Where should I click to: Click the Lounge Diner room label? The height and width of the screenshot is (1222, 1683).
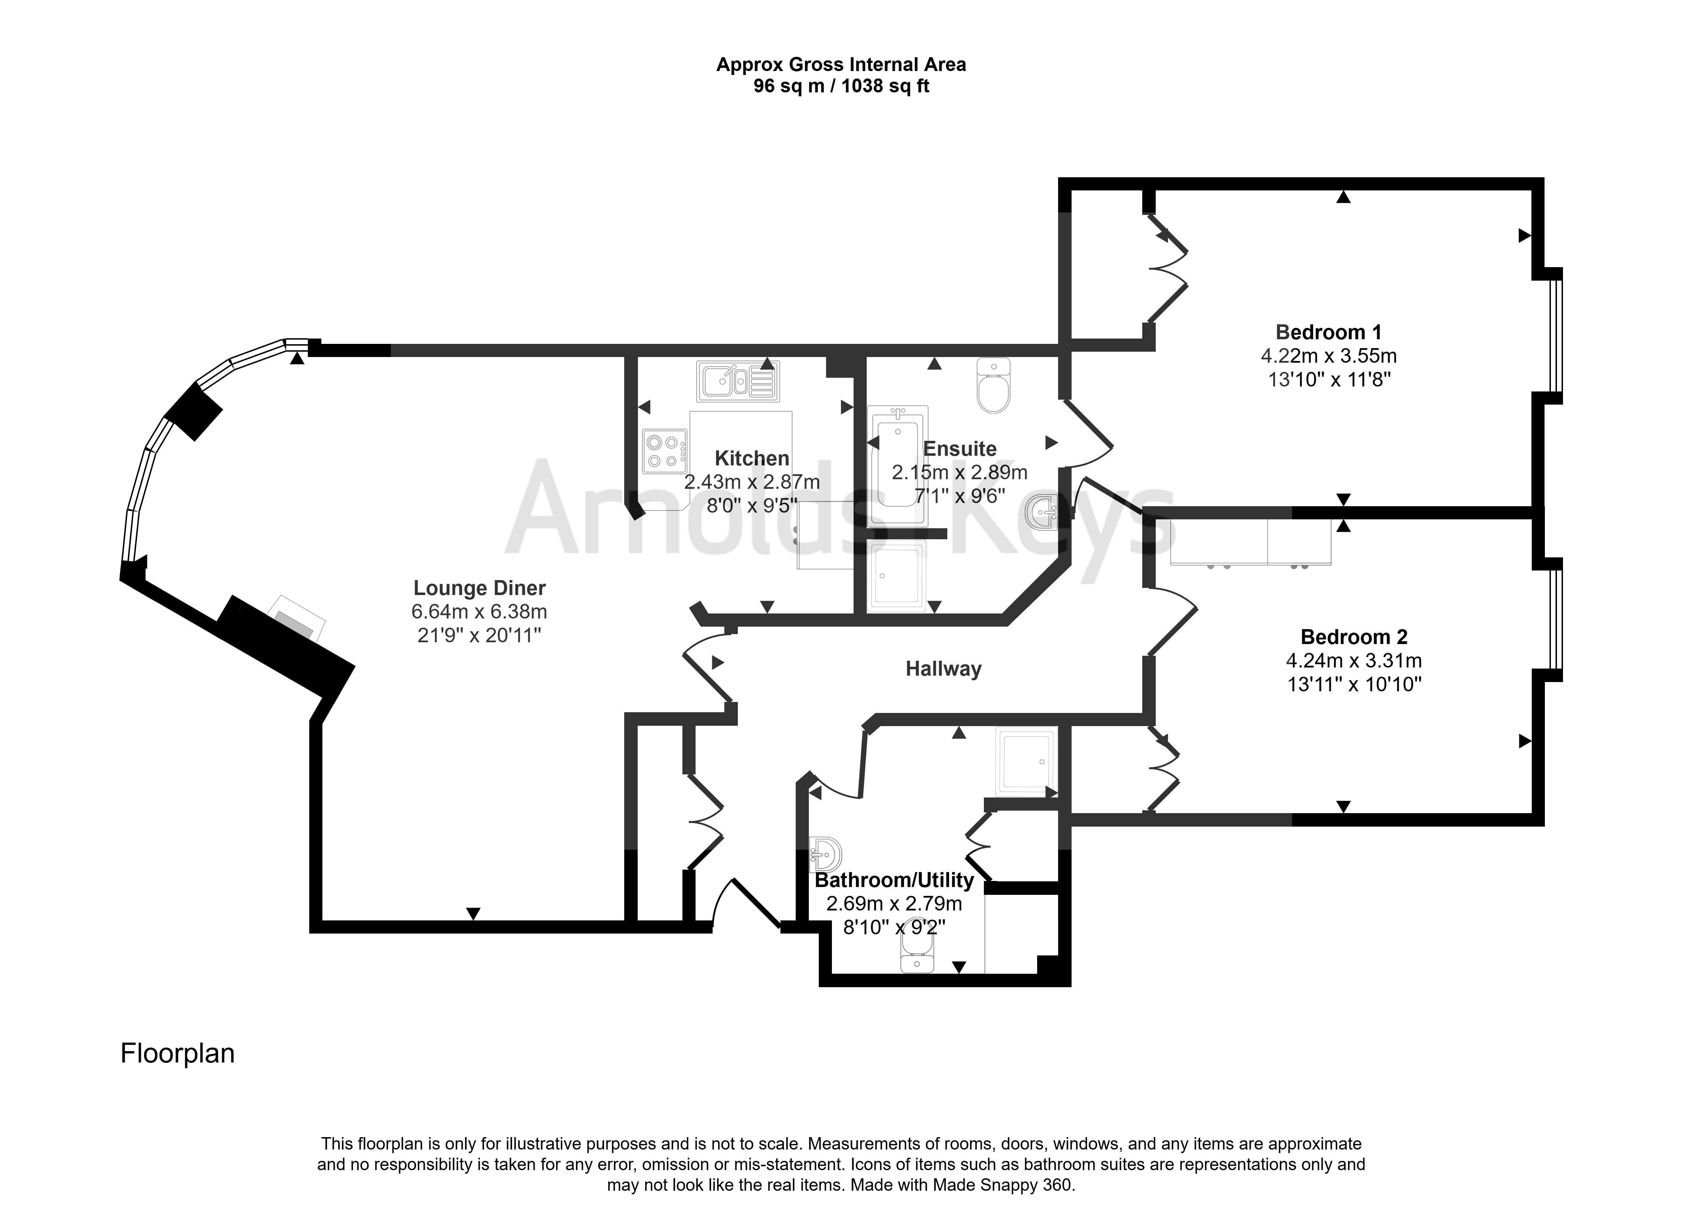point(479,588)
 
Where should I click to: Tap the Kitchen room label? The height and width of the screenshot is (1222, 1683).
point(752,458)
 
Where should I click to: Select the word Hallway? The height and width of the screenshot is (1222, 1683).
point(943,669)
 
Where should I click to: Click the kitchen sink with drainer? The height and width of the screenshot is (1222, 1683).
point(737,381)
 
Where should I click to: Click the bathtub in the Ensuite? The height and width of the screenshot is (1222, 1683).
point(897,466)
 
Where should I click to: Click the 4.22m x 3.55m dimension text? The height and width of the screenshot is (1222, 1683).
point(1328,356)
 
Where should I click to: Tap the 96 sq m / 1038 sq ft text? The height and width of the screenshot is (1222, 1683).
point(841,86)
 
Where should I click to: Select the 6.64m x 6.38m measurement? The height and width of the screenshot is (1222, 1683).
point(479,612)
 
